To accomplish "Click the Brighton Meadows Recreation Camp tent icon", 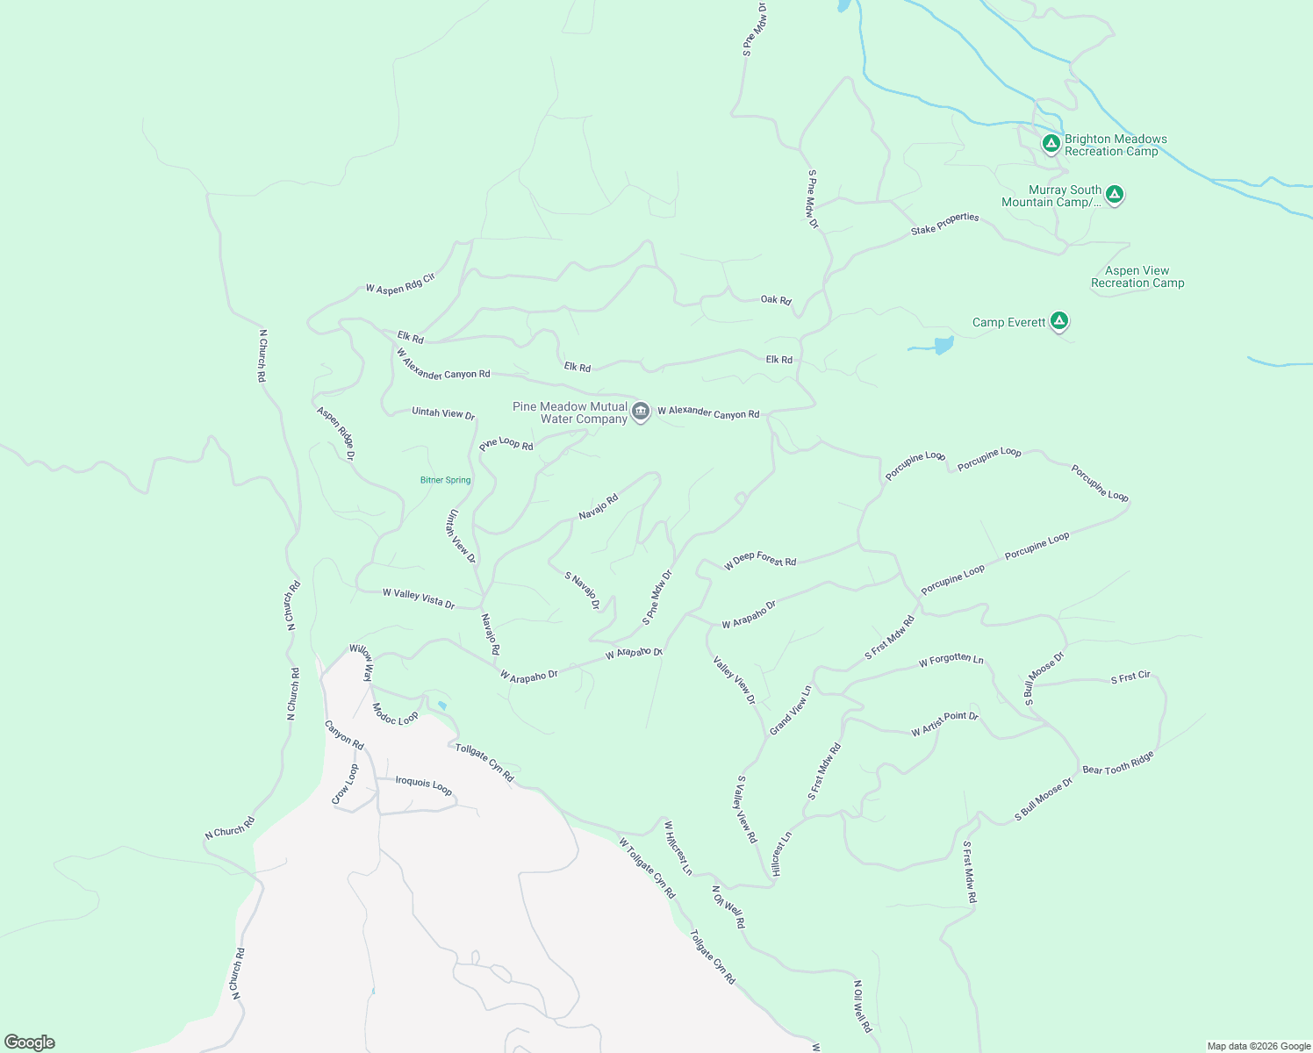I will pyautogui.click(x=1051, y=143).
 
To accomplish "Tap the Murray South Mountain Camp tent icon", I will pyautogui.click(x=1114, y=195).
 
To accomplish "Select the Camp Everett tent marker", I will pyautogui.click(x=1059, y=322).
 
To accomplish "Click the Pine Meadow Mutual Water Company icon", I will pyautogui.click(x=641, y=412).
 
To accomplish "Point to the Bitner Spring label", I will pyautogui.click(x=445, y=480).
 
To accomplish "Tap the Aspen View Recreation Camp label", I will pyautogui.click(x=1137, y=277).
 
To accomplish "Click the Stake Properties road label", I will pyautogui.click(x=944, y=224).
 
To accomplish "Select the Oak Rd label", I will pyautogui.click(x=776, y=300).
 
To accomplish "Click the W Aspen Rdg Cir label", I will pyautogui.click(x=400, y=283).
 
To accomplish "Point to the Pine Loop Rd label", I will pyautogui.click(x=506, y=444).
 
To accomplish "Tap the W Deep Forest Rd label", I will pyautogui.click(x=760, y=560).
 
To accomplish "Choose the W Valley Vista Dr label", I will pyautogui.click(x=419, y=598).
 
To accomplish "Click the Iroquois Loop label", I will pyautogui.click(x=424, y=784).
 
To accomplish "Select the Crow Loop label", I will pyautogui.click(x=345, y=784).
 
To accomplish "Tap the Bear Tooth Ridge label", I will pyautogui.click(x=1118, y=763).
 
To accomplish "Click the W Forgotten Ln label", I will pyautogui.click(x=951, y=660).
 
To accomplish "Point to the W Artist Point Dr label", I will pyautogui.click(x=944, y=724).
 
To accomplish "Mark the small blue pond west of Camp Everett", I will pyautogui.click(x=943, y=345).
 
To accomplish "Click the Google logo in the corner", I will pyautogui.click(x=30, y=1042).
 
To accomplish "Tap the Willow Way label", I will pyautogui.click(x=362, y=663).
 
